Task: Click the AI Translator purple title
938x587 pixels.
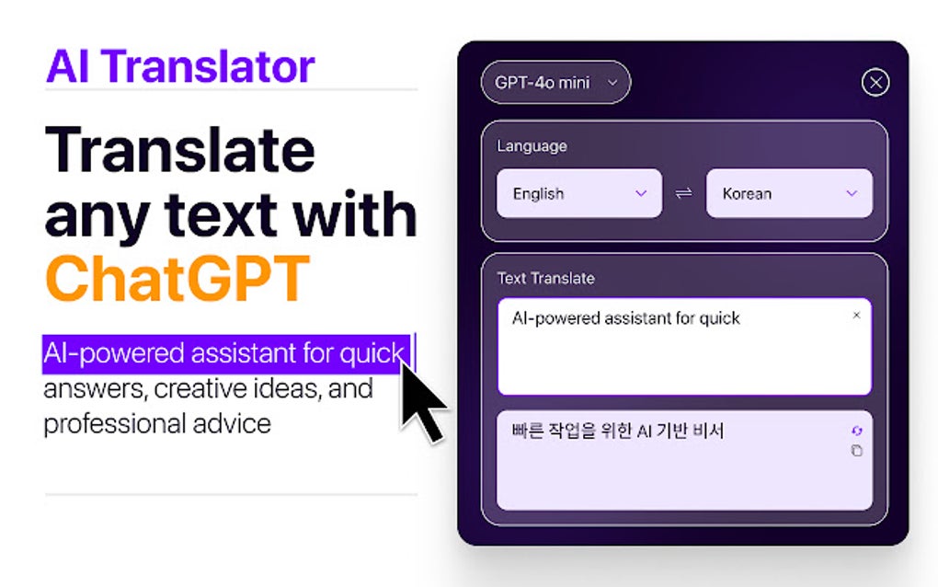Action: (x=180, y=65)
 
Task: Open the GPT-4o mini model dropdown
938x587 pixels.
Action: (x=555, y=83)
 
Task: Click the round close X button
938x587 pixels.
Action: (x=875, y=83)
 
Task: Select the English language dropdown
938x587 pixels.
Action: (x=578, y=193)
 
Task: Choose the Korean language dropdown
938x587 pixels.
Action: (x=788, y=193)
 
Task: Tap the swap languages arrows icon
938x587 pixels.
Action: (x=683, y=193)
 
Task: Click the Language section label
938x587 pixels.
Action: (x=532, y=145)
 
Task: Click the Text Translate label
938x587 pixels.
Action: (x=545, y=278)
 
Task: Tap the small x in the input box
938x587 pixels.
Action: (x=856, y=316)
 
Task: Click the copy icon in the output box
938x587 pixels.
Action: (x=856, y=451)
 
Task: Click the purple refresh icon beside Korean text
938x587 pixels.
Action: (x=857, y=432)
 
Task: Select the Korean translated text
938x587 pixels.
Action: (x=617, y=431)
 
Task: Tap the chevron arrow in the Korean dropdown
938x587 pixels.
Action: (x=851, y=193)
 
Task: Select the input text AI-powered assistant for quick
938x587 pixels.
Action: (x=625, y=318)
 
